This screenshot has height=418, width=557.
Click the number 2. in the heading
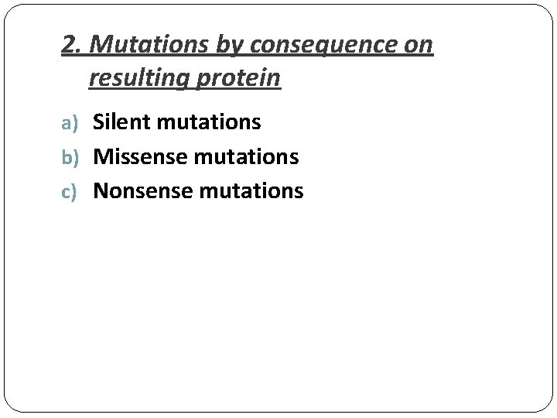(72, 45)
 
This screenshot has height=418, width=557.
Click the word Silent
(122, 122)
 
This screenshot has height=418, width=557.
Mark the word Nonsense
(144, 190)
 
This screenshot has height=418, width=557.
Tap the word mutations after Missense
(247, 156)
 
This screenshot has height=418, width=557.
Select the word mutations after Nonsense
(251, 190)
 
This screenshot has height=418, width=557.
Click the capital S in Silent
(99, 122)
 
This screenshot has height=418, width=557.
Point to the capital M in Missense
(103, 156)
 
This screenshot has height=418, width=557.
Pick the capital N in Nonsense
(101, 190)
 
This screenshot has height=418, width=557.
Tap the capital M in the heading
(99, 45)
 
